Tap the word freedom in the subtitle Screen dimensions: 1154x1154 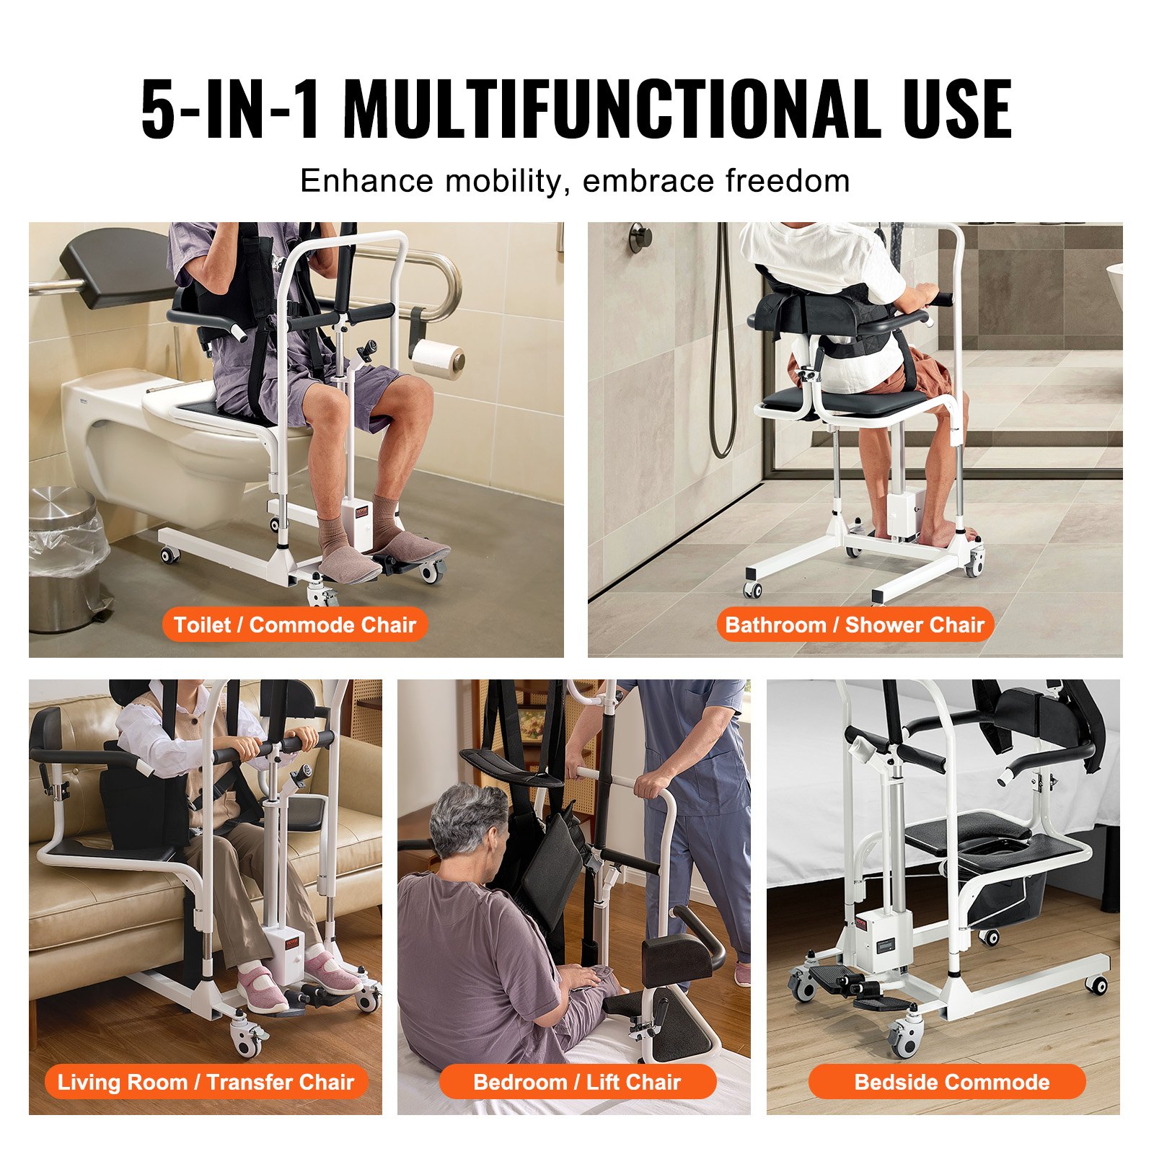[x=788, y=180]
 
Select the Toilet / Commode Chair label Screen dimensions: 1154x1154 [x=295, y=625]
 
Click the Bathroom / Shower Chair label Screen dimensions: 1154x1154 [x=855, y=625]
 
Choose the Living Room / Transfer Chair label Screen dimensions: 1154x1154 [x=206, y=1082]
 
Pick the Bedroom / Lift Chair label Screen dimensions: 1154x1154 [x=577, y=1082]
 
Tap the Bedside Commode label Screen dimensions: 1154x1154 [x=951, y=1082]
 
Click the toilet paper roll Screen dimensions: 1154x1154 [x=439, y=358]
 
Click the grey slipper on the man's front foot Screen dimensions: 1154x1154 [x=348, y=563]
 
